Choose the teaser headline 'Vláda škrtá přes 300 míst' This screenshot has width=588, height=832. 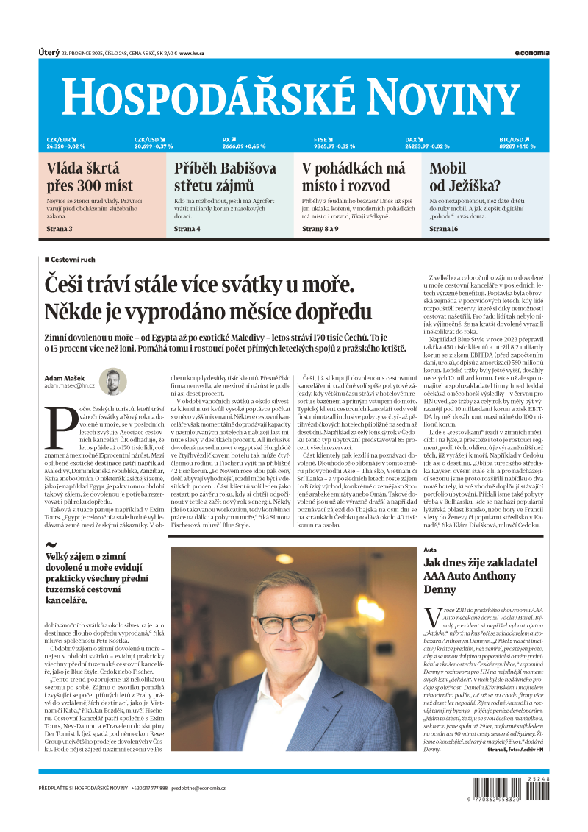tap(90, 177)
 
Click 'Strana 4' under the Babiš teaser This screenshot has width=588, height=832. tap(187, 230)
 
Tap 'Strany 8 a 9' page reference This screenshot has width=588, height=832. tap(320, 230)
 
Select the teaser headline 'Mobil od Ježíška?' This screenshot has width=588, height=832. tap(465, 177)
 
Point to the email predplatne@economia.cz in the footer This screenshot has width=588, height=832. tap(199, 788)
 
